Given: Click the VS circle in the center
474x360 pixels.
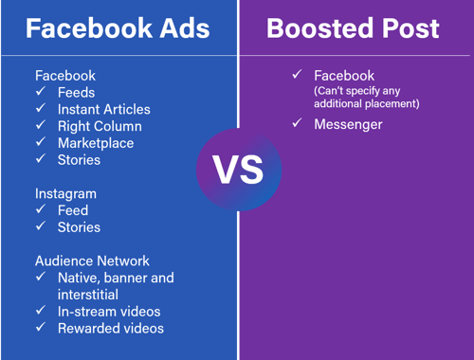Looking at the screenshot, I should tap(238, 170).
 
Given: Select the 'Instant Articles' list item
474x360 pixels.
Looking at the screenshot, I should tap(103, 109).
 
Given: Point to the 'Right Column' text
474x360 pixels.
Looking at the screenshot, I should tap(100, 126).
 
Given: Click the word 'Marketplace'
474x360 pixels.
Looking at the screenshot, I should tap(96, 143).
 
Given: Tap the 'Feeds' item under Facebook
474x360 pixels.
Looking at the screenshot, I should tap(76, 92).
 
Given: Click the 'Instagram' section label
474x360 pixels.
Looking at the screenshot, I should tap(67, 193).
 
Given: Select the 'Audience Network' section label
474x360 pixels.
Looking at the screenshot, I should tap(93, 261).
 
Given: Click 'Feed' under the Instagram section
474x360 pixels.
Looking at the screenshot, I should tap(73, 210).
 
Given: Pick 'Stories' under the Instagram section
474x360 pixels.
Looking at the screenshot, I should tap(79, 227).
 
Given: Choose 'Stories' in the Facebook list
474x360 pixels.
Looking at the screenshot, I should tap(79, 160).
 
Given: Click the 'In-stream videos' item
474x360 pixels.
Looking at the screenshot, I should tap(109, 311).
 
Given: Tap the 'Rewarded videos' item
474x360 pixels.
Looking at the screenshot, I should tap(111, 328).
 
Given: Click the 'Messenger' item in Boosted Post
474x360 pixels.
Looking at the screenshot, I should tap(348, 124).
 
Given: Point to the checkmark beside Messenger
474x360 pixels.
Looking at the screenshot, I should tap(298, 124).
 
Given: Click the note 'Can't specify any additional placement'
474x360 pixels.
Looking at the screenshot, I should tap(366, 98).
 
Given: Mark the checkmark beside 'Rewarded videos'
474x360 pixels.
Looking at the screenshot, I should tap(42, 328).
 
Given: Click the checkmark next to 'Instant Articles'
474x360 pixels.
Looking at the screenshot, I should tap(42, 109).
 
